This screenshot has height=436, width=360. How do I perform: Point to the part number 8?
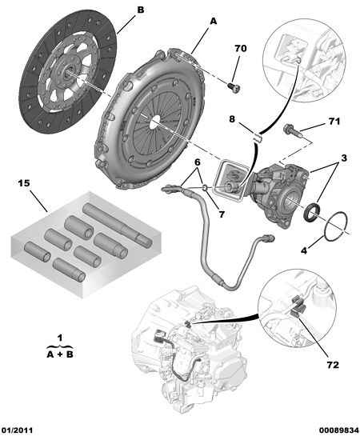232,118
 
